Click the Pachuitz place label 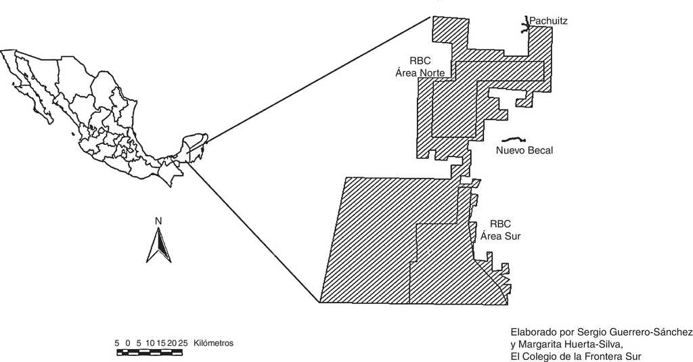pos(548,22)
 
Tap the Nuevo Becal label pos(524,150)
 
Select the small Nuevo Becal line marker pos(518,137)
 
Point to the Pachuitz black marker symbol pos(527,26)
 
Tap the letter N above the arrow pos(158,221)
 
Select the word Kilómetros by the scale pos(213,343)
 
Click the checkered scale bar pos(151,352)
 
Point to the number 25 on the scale pos(183,343)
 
